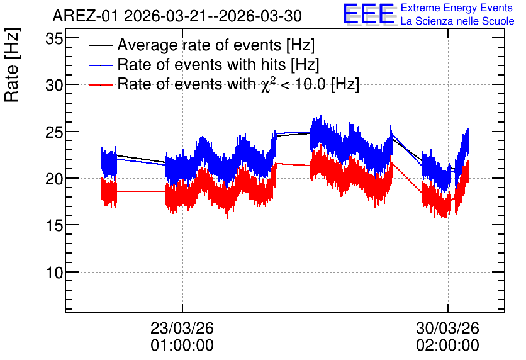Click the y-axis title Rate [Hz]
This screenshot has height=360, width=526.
[12, 65]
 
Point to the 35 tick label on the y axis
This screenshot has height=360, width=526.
[54, 39]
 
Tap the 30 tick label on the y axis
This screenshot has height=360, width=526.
[54, 86]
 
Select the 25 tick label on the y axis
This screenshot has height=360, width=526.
[54, 133]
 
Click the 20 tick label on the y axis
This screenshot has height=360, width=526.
[54, 179]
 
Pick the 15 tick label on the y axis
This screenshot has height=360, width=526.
[54, 226]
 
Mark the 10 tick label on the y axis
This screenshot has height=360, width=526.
[54, 273]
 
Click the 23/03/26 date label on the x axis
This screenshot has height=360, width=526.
[182, 328]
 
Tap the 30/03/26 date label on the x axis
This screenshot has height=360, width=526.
[448, 328]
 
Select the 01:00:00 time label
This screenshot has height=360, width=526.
[182, 346]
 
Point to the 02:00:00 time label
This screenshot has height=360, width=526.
[448, 346]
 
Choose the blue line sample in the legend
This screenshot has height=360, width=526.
[100, 65]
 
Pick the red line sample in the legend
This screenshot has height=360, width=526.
[100, 85]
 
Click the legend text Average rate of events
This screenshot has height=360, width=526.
[199, 45]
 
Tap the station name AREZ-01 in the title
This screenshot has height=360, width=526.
[85, 16]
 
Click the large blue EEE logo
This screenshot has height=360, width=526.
[368, 14]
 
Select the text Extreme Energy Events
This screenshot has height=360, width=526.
[457, 8]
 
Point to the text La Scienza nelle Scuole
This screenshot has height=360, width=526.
[457, 21]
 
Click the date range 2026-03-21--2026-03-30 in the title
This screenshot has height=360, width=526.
[213, 16]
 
